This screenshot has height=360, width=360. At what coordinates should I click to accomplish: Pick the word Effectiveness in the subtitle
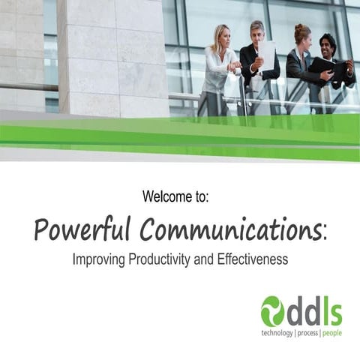[x=253, y=260]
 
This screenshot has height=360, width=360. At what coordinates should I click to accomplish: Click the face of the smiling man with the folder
[x=327, y=46]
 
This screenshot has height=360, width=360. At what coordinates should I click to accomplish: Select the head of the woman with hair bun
[x=301, y=35]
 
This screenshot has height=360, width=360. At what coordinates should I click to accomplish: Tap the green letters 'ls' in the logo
[x=330, y=310]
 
